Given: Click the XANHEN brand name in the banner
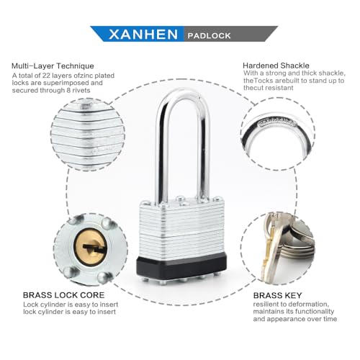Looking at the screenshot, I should tap(141, 35).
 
